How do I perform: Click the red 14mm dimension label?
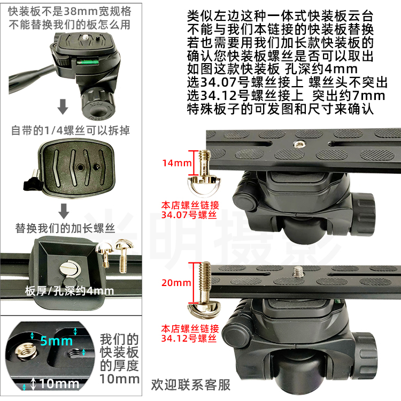177,163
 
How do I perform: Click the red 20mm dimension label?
176,283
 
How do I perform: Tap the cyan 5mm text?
57,341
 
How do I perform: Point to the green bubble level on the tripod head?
88,61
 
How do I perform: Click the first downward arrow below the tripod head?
63,106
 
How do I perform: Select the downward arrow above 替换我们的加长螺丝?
64,211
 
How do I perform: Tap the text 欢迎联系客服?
190,385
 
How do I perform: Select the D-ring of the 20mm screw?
204,309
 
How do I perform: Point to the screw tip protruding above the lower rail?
298,272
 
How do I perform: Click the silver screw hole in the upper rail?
298,144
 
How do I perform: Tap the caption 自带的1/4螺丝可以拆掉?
71,130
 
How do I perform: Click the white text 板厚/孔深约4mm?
70,291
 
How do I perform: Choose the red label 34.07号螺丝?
189,215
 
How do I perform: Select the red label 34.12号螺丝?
189,338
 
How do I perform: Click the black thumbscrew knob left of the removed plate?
33,182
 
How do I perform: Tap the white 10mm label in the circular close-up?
59,383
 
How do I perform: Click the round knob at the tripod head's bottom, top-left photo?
98,104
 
